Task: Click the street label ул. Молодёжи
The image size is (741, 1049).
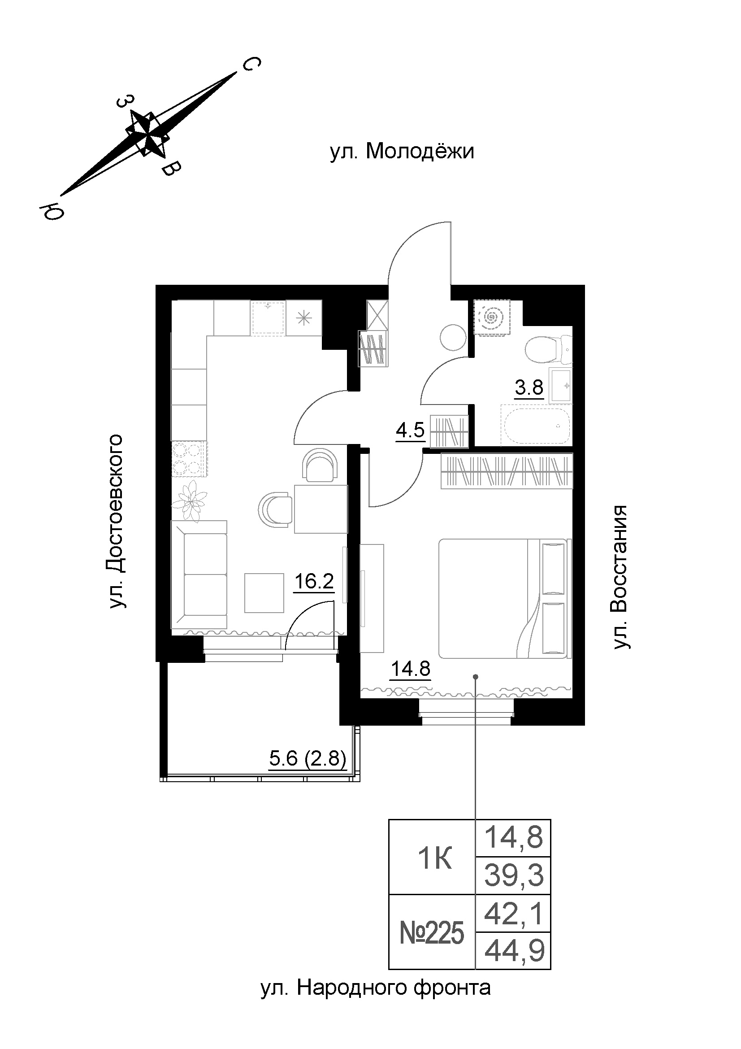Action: [402, 152]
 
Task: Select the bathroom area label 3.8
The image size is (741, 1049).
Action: [529, 387]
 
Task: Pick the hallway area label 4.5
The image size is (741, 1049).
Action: [410, 430]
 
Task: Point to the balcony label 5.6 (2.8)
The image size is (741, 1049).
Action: [307, 758]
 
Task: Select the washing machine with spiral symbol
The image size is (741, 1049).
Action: [492, 317]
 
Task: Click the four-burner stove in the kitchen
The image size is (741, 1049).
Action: [189, 460]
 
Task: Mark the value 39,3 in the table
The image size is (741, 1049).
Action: [514, 876]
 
